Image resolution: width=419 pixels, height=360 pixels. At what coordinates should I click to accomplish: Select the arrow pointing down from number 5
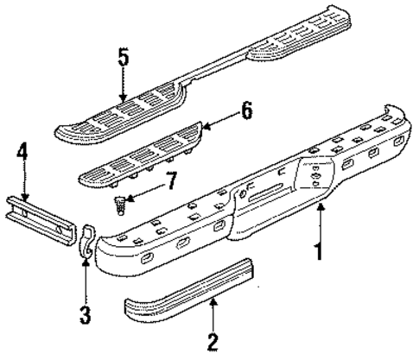tap(124, 86)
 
